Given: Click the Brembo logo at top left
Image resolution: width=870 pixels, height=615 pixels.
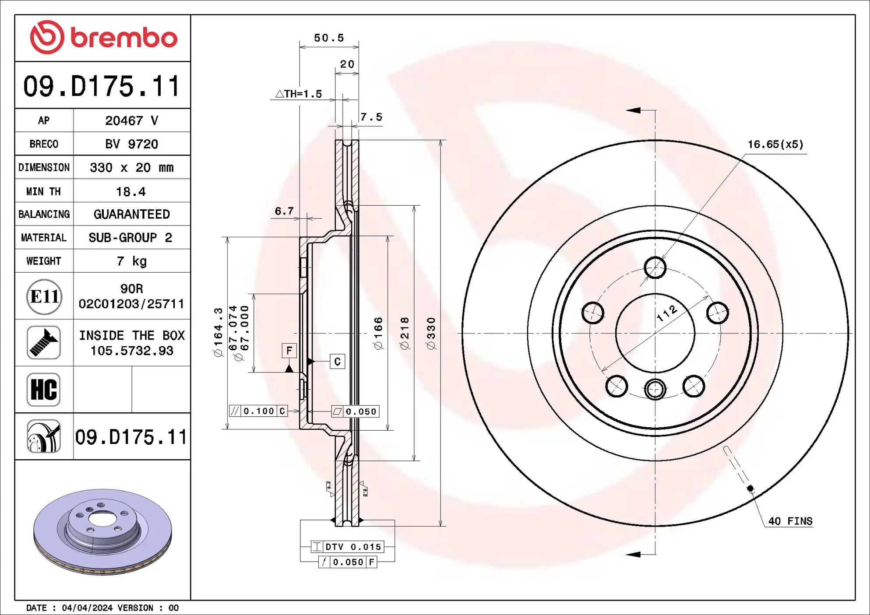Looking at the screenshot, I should coord(103,37).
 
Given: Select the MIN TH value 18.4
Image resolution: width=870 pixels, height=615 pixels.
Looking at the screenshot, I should coord(130,192).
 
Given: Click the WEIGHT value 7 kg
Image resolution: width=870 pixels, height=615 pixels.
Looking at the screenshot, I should coord(131,261).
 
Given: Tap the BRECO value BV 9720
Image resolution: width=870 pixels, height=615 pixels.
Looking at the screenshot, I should coord(131,144).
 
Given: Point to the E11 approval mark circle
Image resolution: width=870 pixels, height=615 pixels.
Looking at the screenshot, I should coord(44,297).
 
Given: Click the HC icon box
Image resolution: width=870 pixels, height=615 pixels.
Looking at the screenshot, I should coord(43,390).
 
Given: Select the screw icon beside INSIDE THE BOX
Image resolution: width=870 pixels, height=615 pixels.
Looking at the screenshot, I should coord(43,343).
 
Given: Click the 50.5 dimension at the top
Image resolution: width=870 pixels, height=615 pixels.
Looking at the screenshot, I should coord(329,38).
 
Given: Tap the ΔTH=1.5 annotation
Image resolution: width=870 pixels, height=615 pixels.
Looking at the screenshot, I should coord(299,94).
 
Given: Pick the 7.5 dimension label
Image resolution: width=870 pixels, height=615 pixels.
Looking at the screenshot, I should coord(371,117).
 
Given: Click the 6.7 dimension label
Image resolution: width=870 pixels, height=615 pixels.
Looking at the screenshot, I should coord(284,211).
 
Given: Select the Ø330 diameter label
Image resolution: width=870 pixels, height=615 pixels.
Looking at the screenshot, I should coord(431,333).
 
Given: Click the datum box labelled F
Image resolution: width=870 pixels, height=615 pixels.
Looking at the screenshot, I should coord(289,350).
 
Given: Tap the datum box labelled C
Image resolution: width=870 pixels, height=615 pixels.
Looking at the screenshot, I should coord(337,362).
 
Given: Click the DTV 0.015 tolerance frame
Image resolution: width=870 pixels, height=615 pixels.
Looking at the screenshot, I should coord(348,547).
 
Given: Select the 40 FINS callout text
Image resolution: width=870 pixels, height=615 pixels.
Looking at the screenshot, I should coord(790,521).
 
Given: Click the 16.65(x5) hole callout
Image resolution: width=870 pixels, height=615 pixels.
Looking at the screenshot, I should coord(775,144).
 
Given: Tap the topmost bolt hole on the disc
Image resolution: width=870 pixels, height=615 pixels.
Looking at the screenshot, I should coord(655,267).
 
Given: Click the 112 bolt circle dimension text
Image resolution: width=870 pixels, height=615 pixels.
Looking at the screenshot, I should coord(667,313).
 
